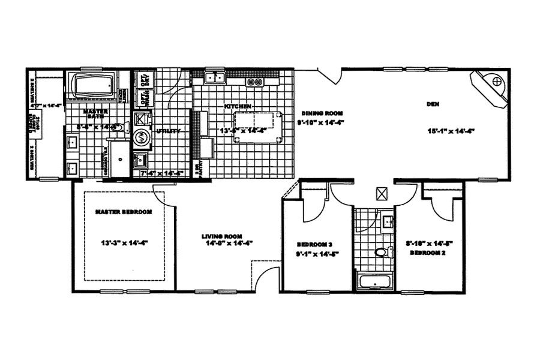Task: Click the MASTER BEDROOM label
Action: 124,212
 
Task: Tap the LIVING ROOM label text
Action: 221,236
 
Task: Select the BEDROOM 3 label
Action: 315,245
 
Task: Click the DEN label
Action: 433,104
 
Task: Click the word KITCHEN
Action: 236,107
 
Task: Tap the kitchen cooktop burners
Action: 254,82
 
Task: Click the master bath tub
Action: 95,86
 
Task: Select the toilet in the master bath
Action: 118,127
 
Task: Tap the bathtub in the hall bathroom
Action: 374,281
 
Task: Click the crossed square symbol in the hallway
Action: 381,194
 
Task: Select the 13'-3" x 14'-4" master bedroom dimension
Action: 124,243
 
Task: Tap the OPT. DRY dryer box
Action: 144,80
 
